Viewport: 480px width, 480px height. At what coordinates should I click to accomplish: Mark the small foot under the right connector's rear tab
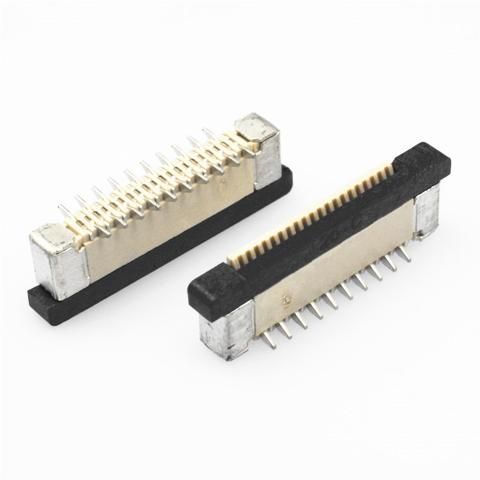(423, 235)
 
